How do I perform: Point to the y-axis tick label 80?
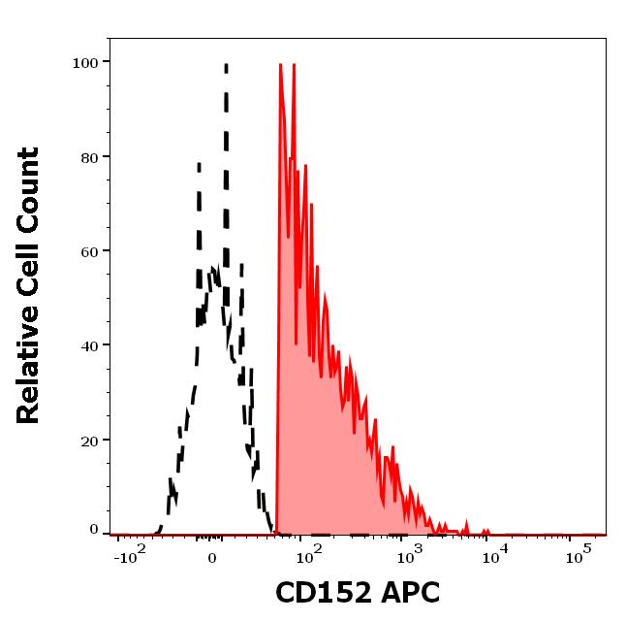88,157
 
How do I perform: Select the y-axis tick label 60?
88,251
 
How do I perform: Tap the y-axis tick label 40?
88,345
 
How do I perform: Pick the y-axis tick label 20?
88,441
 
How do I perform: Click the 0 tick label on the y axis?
94,530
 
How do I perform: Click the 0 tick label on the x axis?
211,561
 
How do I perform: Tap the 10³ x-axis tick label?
411,557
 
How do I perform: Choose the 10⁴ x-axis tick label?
495,557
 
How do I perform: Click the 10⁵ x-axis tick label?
579,557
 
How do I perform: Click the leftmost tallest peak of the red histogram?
280,65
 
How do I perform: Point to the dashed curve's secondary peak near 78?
199,164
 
